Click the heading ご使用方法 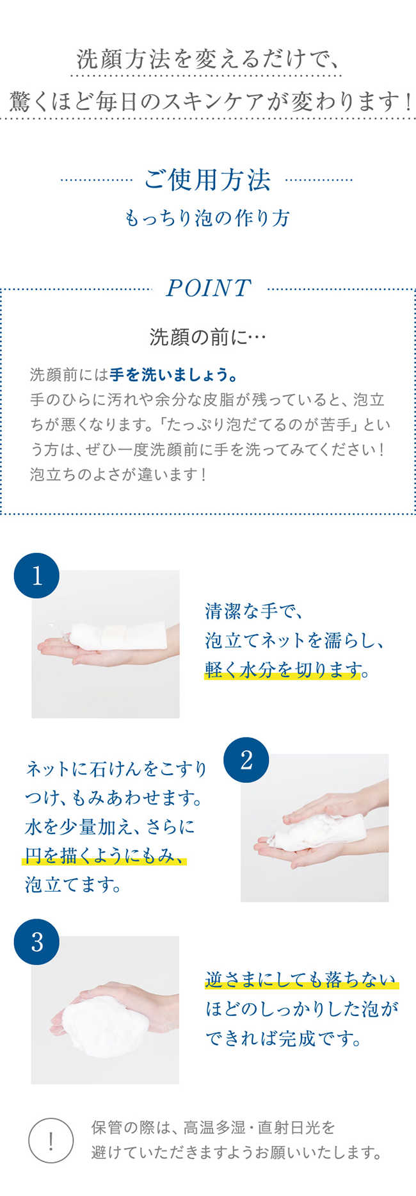(207, 180)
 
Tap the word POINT (209, 288)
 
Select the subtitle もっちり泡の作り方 (207, 218)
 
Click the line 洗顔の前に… (207, 336)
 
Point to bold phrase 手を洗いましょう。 (174, 374)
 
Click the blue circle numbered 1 (36, 575)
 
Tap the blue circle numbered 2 (246, 760)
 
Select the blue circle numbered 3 (36, 942)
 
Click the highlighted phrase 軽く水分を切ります (283, 669)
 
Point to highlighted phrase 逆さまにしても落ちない (301, 979)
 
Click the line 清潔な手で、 (253, 611)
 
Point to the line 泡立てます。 (73, 885)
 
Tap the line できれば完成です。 (284, 1038)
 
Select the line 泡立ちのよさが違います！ (119, 475)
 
